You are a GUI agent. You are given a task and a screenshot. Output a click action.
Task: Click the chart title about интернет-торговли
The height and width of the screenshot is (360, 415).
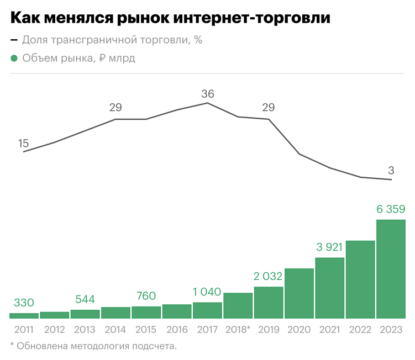pos(170,18)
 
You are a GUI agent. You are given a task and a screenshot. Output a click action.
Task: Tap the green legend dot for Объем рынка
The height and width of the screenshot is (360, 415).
pos(14,58)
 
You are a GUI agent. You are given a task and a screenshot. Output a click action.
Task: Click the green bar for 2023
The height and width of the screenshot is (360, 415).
pos(391,269)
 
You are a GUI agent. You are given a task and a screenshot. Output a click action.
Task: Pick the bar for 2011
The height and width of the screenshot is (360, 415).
pos(24,315)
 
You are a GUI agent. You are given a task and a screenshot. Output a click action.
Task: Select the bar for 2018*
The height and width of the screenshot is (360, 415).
pos(238,305)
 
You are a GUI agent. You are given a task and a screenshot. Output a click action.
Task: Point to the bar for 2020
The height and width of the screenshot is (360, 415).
pos(299,293)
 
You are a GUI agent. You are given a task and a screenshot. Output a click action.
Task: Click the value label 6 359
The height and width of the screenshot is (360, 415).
pos(391,209)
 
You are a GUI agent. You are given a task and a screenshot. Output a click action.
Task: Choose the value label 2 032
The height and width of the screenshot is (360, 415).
pos(269,276)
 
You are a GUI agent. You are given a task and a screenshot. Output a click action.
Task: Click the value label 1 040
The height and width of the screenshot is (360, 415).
pos(207,292)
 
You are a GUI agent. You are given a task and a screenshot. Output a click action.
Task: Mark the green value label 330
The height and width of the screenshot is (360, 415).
pos(24,303)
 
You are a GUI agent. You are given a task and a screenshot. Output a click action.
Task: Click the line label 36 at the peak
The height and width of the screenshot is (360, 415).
pos(207,93)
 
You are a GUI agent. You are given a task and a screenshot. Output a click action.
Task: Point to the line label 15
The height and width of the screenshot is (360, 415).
pos(23,143)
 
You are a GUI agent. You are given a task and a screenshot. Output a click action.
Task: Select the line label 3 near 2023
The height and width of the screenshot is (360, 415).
pos(391,170)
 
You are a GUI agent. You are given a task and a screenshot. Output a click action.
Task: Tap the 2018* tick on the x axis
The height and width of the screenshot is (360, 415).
pos(238,330)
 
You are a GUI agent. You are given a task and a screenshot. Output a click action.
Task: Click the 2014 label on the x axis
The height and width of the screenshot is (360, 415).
pos(115,330)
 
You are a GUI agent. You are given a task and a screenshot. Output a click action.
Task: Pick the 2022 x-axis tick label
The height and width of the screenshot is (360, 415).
pos(360,330)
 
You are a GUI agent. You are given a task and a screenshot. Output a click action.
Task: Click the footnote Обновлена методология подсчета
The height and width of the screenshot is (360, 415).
pos(93,346)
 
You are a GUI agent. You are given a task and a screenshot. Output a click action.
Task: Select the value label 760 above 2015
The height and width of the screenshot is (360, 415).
pos(146,296)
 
